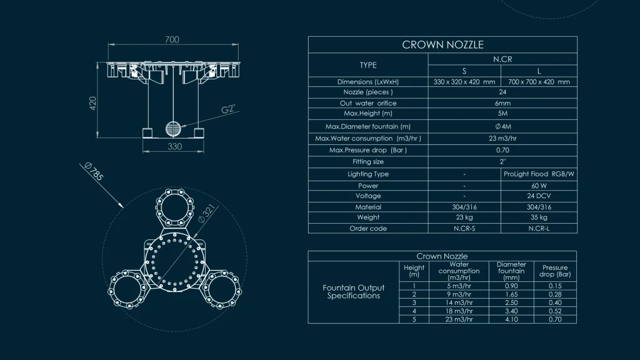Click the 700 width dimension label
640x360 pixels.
[x=172, y=39]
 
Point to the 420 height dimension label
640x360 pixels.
[x=93, y=103]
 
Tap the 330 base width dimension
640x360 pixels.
[x=175, y=146]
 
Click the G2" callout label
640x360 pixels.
[x=228, y=109]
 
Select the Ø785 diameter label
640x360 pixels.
[x=94, y=171]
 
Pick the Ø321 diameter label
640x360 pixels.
[x=206, y=214]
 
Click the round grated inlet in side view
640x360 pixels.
[x=174, y=129]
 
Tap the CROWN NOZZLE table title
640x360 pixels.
[x=443, y=45]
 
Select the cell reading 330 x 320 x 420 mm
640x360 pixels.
[x=464, y=82]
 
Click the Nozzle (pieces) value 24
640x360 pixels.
[x=502, y=92]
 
